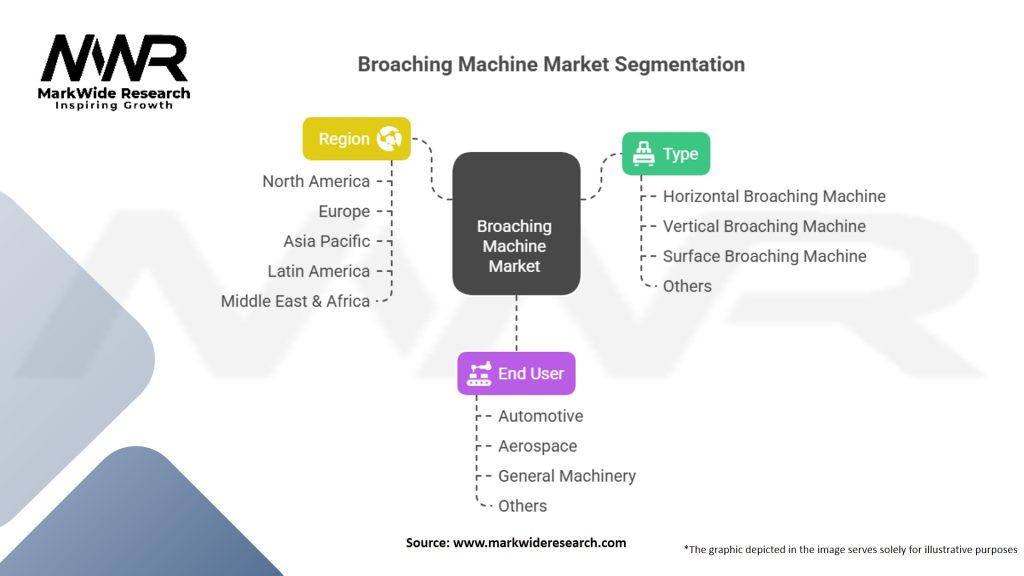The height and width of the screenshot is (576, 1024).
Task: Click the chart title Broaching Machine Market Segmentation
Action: [x=551, y=65]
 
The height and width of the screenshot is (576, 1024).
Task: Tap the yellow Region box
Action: [x=357, y=139]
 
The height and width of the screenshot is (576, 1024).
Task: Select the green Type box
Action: [x=666, y=154]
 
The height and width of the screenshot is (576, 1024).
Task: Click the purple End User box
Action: [x=516, y=373]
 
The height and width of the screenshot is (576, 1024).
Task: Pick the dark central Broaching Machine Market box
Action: [x=515, y=223]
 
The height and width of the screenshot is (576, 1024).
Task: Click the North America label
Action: [x=316, y=181]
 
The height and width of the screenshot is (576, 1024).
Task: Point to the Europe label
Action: [x=344, y=211]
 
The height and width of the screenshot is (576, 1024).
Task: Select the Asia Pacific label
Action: [x=326, y=241]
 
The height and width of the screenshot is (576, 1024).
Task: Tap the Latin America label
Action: [x=318, y=271]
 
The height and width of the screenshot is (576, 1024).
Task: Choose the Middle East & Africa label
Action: [x=295, y=301]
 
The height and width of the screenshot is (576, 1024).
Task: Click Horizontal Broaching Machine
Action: [x=774, y=196]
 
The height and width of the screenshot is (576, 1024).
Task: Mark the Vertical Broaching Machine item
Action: [x=764, y=226]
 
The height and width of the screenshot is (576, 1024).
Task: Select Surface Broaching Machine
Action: [x=764, y=256]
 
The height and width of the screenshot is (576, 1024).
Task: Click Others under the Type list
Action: [x=687, y=286]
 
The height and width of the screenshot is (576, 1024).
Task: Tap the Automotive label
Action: [x=540, y=416]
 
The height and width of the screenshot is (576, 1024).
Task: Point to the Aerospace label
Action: [x=537, y=446]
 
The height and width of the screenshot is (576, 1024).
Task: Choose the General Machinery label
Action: [x=566, y=476]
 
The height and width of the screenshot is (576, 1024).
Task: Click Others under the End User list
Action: [x=522, y=506]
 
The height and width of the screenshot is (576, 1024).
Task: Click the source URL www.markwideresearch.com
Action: [x=539, y=543]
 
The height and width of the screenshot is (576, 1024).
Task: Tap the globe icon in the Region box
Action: [x=389, y=139]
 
